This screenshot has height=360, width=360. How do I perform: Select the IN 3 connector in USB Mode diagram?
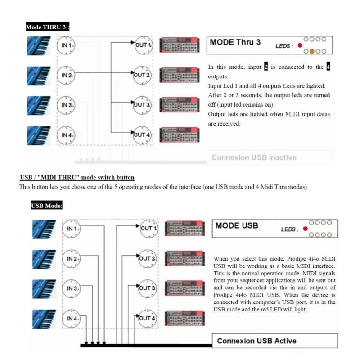click(71, 288)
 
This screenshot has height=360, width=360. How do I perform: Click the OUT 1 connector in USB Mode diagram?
click(148, 228)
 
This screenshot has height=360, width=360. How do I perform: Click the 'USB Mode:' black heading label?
click(47, 206)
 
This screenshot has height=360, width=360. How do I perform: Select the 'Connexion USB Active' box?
click(274, 341)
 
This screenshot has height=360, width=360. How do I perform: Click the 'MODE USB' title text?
click(237, 225)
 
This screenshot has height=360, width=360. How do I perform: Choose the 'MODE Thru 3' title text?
click(235, 43)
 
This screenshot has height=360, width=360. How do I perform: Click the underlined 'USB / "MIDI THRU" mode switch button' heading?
click(77, 178)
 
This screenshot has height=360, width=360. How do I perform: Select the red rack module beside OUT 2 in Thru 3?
click(179, 75)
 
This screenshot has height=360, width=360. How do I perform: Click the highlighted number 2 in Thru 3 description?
click(265, 67)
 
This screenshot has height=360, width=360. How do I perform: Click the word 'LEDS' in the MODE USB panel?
click(289, 229)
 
